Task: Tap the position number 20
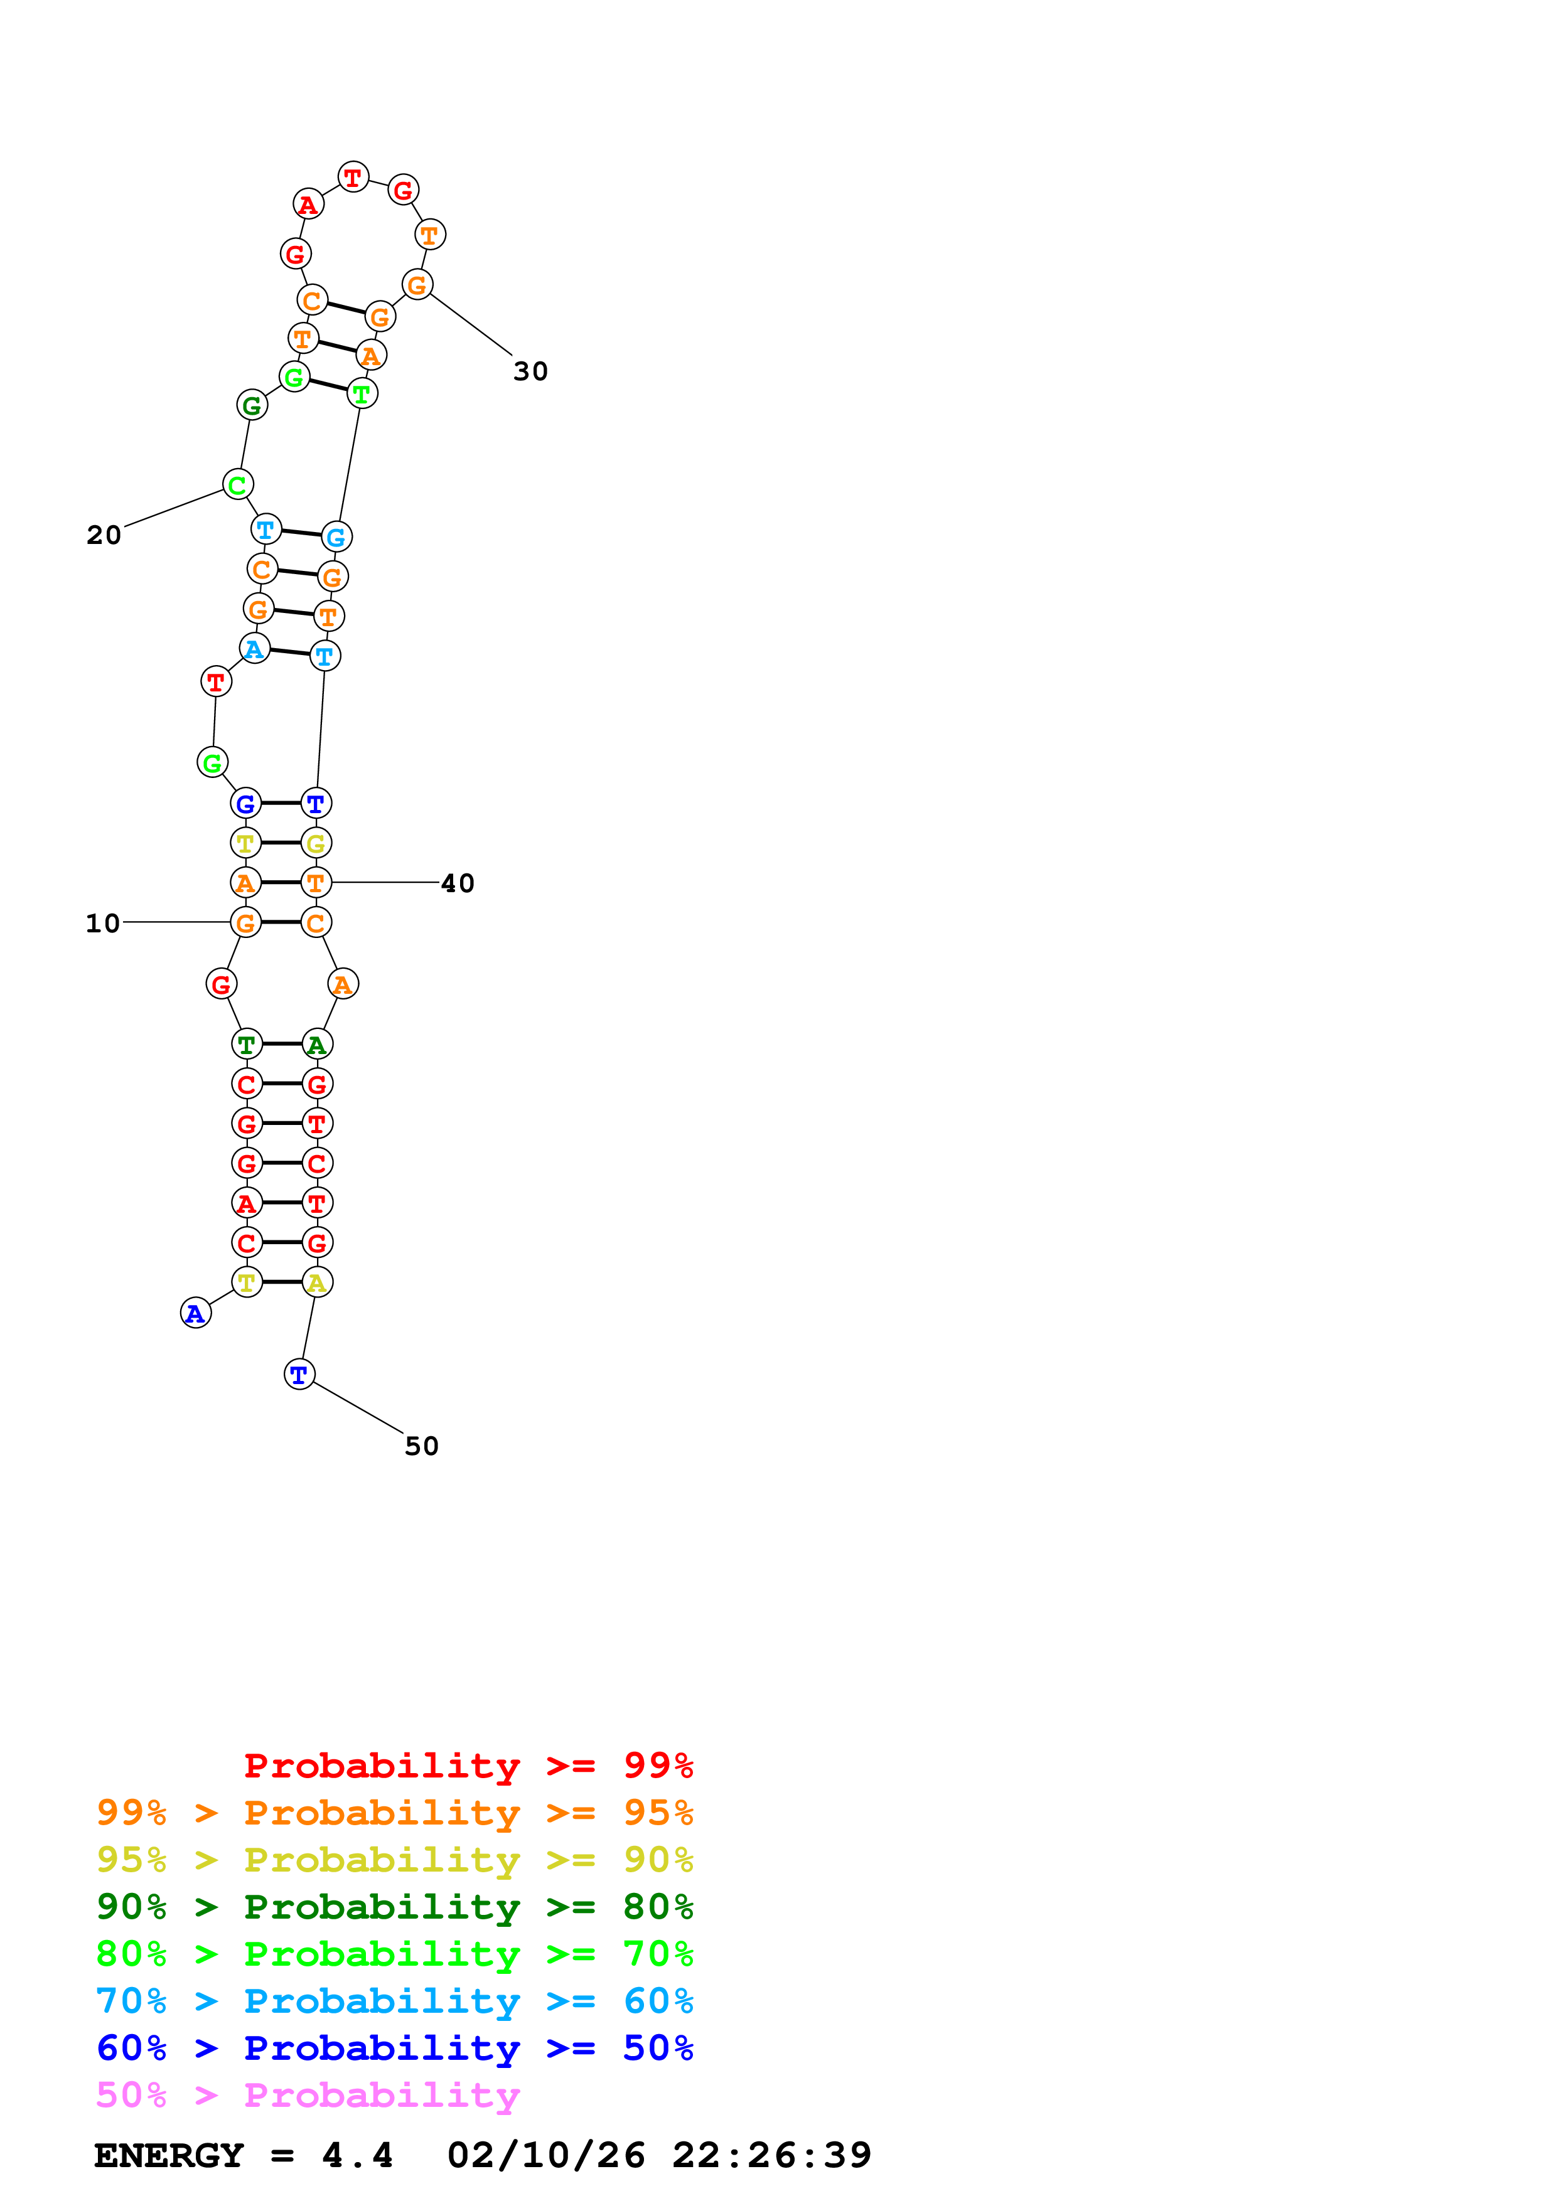coord(104,535)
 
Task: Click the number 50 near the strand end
coord(421,1446)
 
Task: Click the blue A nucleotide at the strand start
coord(196,1313)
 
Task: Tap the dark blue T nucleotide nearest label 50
coord(299,1375)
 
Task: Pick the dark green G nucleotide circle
coord(251,405)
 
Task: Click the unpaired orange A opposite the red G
coord(342,984)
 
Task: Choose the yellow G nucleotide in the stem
coord(316,844)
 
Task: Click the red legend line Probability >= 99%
coord(468,1765)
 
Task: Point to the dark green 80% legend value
coord(658,1907)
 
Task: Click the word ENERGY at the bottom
coord(169,2155)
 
